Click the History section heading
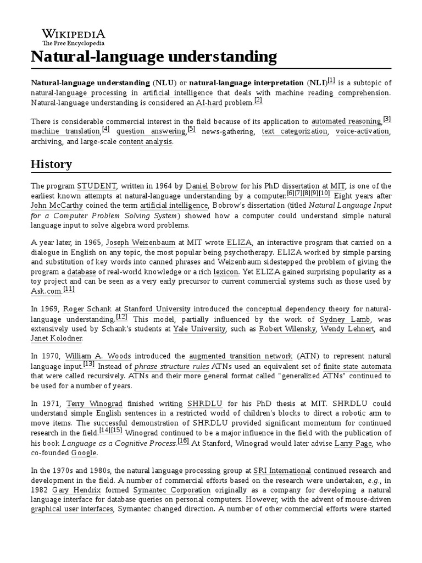click(51, 164)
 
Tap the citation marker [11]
click(69, 289)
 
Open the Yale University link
click(199, 329)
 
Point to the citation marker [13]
click(89, 364)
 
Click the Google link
click(84, 453)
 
